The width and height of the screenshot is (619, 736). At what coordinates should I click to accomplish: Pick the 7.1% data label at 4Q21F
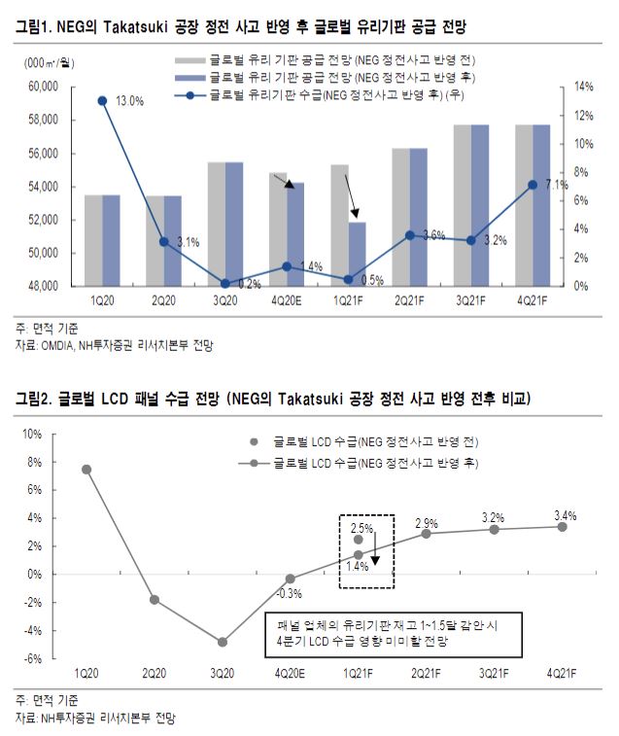(x=558, y=185)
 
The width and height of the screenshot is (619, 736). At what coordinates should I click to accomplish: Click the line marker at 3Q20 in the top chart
(x=225, y=284)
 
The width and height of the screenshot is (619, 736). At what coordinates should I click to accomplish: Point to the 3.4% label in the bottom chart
(x=562, y=514)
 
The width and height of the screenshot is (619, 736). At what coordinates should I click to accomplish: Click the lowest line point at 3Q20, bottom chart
(x=223, y=642)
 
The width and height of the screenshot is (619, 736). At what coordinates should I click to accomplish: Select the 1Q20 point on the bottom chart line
(x=86, y=470)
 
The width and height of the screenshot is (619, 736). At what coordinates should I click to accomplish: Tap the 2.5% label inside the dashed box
(x=360, y=526)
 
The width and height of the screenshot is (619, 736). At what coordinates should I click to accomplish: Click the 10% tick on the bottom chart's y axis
(x=58, y=434)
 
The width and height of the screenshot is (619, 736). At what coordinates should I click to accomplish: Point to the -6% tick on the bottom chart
(x=58, y=658)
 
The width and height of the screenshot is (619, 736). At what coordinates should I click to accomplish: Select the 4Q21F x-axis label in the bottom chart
(x=562, y=673)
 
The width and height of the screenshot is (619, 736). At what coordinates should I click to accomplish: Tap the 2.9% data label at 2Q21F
(x=426, y=523)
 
